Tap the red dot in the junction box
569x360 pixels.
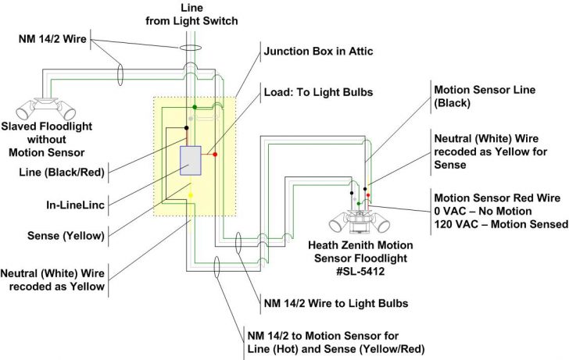[215, 155]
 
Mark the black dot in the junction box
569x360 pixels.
[186, 127]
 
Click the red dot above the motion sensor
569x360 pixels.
[369, 194]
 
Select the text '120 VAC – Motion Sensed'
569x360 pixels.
[500, 225]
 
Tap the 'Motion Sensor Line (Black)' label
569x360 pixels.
[484, 96]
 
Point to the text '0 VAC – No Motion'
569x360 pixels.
[485, 211]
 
